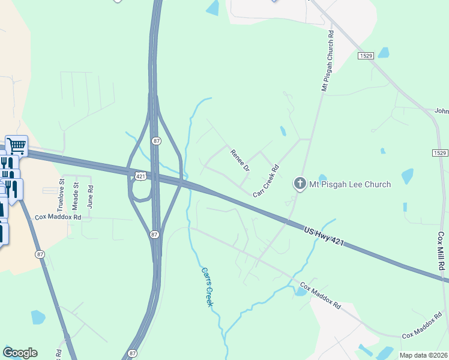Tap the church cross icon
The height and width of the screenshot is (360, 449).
300,184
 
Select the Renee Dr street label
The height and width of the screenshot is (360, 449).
240,160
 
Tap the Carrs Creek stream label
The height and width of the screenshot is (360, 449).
207,287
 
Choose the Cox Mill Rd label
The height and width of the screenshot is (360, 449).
441,251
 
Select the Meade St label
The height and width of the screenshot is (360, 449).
76,195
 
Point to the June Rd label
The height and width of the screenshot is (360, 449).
90,196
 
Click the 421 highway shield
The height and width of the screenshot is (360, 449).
139,175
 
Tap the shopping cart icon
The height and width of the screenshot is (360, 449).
17,145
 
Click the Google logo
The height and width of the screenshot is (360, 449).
20,353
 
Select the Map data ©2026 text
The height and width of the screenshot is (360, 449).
423,355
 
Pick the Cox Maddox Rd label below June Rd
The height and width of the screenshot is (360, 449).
58,217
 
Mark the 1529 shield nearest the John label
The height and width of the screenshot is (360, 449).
440,153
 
